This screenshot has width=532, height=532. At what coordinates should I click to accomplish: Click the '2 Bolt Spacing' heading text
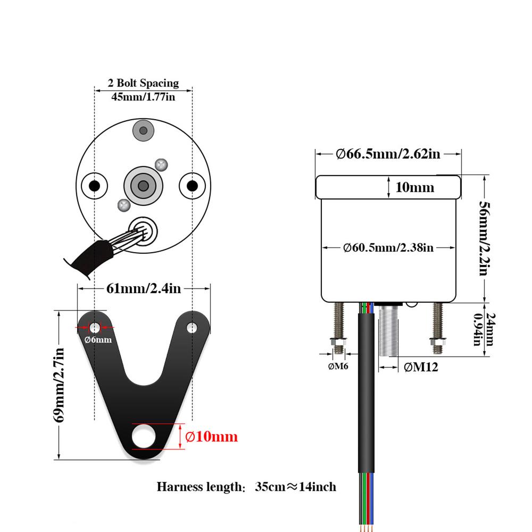[143, 84]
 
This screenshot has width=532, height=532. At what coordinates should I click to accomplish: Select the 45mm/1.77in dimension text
[143, 97]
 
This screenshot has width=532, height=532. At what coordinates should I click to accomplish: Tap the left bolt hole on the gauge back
[94, 186]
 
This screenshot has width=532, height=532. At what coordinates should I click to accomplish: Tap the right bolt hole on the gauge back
[192, 186]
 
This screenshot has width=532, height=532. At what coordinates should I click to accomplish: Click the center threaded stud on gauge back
[143, 185]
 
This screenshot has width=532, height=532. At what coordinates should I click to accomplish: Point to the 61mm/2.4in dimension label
[144, 288]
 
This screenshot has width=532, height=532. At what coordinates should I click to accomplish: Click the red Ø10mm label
[211, 437]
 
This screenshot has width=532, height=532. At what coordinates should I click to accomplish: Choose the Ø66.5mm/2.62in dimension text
[388, 154]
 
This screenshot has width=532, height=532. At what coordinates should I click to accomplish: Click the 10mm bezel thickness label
[415, 187]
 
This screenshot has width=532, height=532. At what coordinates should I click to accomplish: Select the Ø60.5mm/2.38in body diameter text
[388, 247]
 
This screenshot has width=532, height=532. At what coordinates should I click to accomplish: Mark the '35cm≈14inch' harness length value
[295, 487]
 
